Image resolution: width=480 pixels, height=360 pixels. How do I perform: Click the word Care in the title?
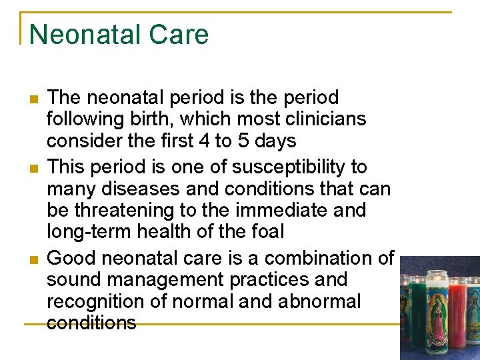[x=182, y=35]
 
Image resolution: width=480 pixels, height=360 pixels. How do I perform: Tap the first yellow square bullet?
[x=33, y=101]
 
